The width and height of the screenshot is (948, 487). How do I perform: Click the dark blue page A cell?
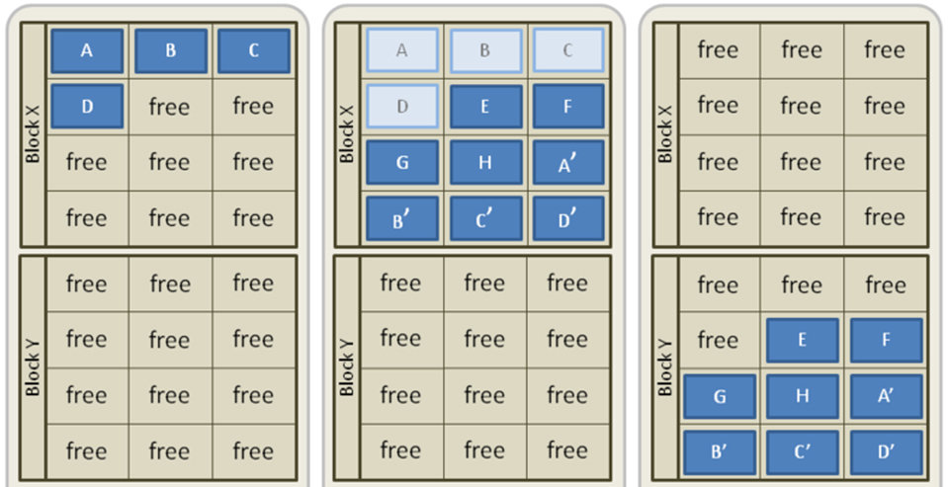87,50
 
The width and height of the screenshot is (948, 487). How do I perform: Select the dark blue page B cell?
170,50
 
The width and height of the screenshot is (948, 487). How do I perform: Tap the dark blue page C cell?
253,50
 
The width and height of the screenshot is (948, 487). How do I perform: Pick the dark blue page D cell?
87,106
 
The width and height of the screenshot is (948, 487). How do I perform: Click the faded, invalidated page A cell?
401,50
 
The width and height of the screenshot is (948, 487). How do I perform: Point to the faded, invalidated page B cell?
484,50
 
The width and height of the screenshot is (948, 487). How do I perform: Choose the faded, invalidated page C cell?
567,50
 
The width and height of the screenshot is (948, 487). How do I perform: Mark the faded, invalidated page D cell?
401,106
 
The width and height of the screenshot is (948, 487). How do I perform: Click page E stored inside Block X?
484,106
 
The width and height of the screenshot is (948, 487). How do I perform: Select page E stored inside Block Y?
802,340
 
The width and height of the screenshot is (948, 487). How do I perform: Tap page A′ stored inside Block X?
567,162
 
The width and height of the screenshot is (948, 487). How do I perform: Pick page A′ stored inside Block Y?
885,395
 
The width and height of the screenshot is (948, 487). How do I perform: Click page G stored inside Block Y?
719,395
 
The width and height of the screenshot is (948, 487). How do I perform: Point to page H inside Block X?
484,162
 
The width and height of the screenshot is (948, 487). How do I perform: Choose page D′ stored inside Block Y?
885,451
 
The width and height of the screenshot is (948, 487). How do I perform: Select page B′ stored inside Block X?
401,218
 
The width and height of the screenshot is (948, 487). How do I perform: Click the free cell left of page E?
719,340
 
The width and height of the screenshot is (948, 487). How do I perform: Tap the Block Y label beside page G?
665,368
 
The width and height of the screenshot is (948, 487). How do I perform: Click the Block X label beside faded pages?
347,134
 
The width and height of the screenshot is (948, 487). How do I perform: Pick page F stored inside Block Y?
885,340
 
